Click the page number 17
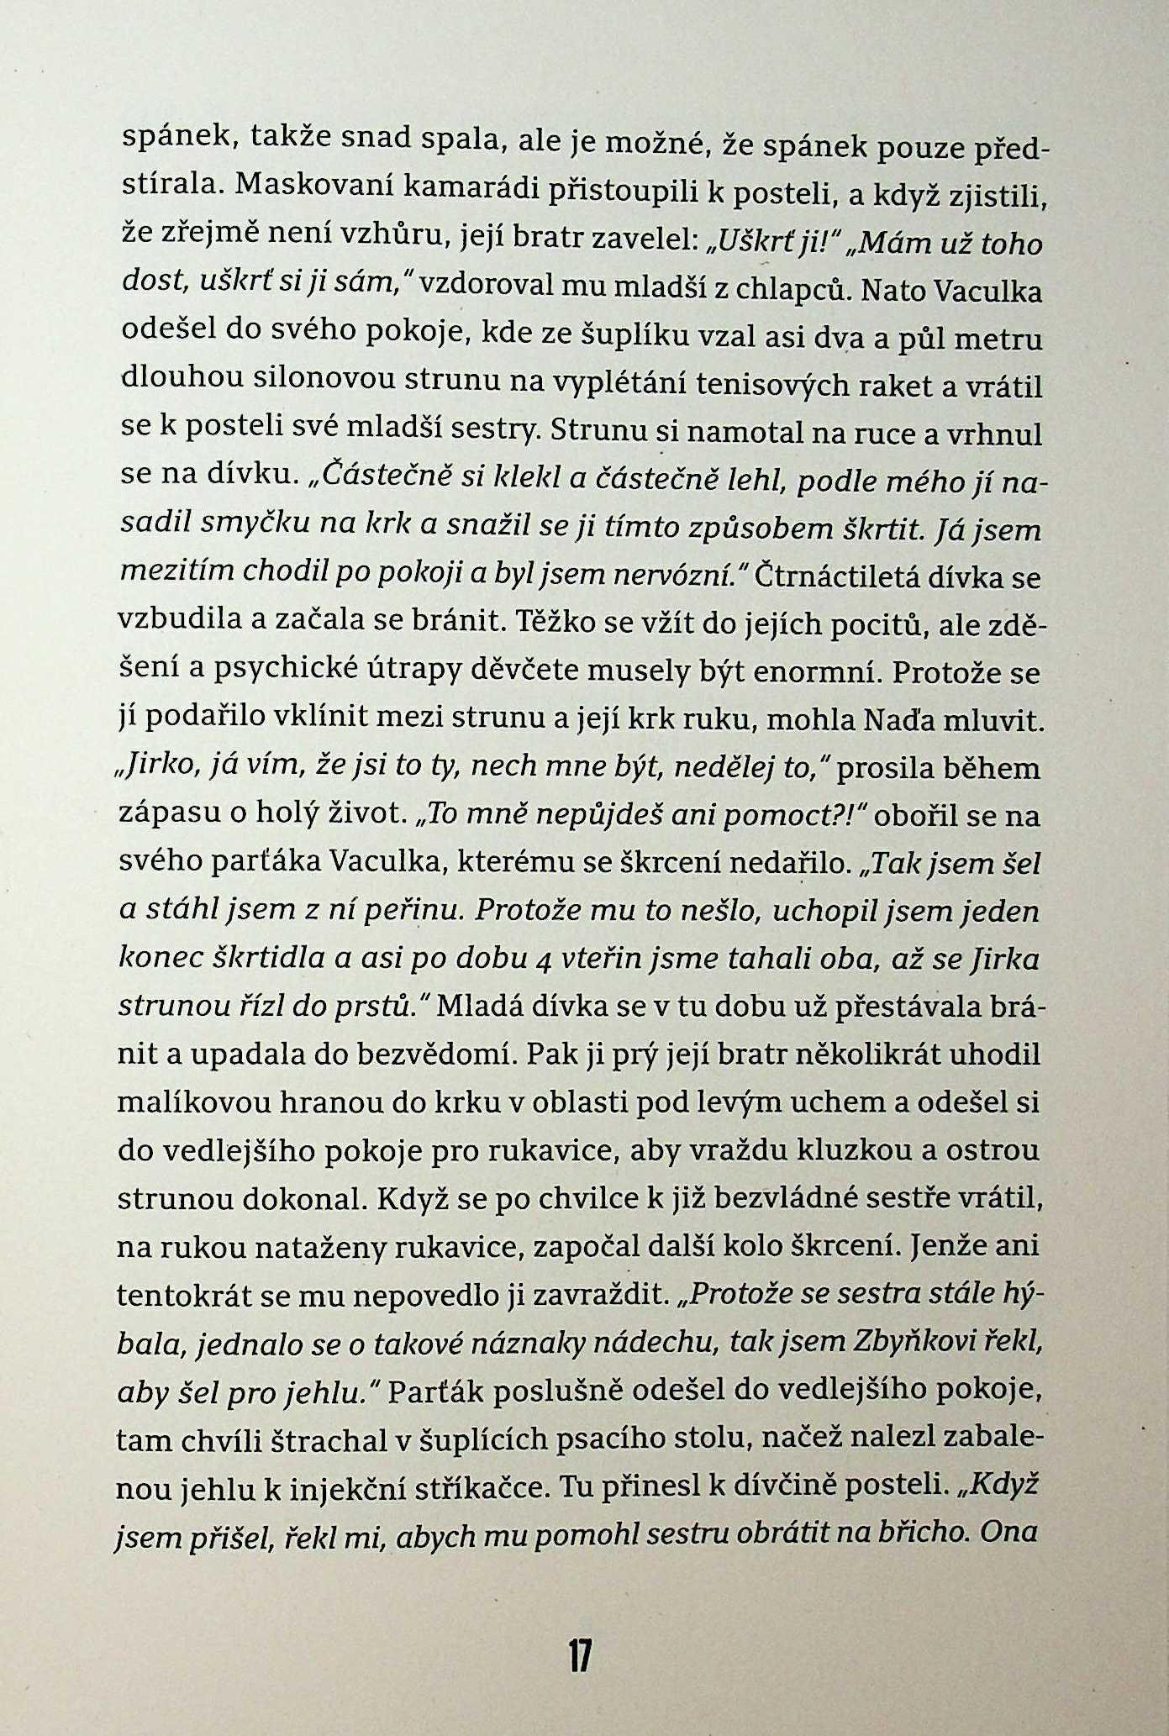tap(580, 1655)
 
